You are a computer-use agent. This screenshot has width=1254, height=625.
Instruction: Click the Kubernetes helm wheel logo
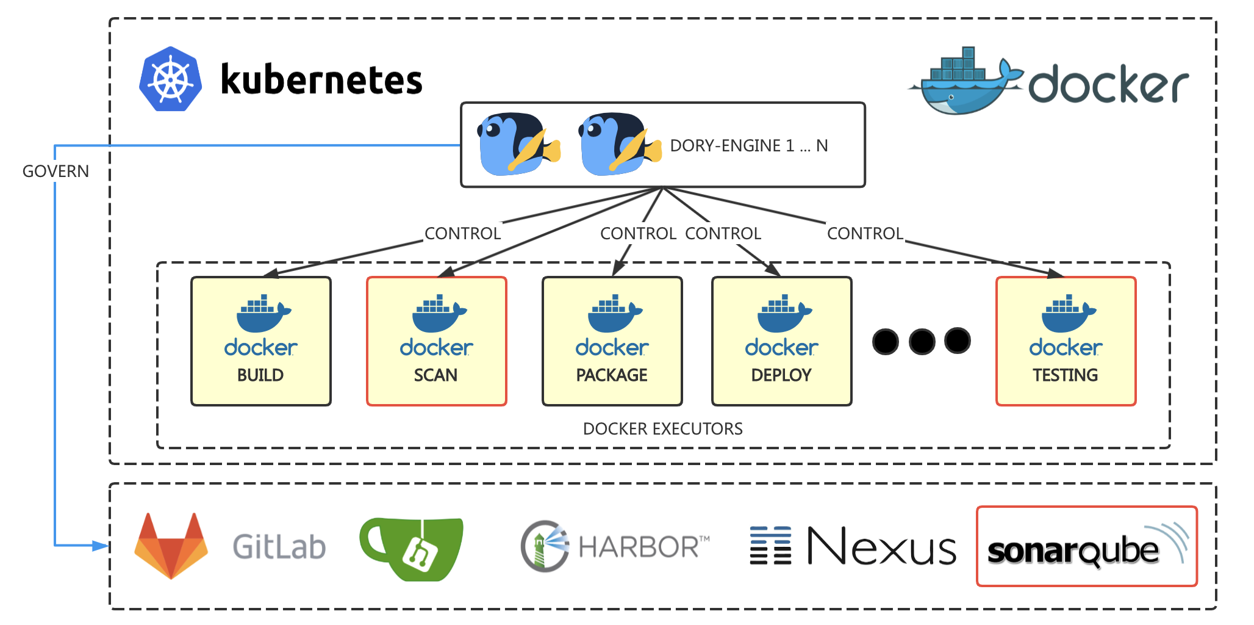click(171, 79)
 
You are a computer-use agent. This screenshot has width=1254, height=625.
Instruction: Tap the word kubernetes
click(321, 80)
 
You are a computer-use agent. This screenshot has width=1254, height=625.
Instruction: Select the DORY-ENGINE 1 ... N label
click(749, 146)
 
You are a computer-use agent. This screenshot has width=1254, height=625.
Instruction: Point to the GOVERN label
click(56, 172)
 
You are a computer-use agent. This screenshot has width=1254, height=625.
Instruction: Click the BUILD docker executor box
click(261, 341)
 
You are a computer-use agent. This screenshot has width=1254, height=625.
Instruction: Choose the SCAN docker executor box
click(437, 341)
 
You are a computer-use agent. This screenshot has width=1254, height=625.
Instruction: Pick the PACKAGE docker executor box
click(612, 341)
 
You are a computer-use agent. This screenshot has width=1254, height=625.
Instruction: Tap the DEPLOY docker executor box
click(782, 341)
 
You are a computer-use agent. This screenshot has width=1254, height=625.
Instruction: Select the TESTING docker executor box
click(1066, 341)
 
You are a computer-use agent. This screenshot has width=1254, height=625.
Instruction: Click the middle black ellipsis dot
click(922, 341)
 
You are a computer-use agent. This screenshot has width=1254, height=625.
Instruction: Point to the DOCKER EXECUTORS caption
click(663, 429)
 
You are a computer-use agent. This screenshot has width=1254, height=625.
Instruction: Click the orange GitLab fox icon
click(171, 546)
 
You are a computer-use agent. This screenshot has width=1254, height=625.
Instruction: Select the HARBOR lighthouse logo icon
click(544, 546)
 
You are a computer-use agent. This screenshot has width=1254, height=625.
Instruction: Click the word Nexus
click(882, 546)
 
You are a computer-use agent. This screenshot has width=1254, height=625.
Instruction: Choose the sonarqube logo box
click(1087, 546)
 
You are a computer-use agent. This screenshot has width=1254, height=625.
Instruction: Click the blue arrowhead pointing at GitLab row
click(101, 546)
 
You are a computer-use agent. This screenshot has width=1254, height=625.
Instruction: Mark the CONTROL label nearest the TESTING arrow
click(865, 234)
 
